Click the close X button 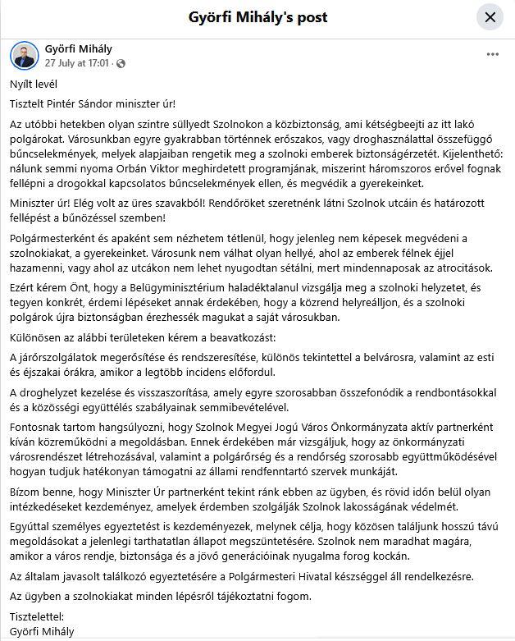pyautogui.click(x=490, y=17)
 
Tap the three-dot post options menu pyautogui.click(x=492, y=54)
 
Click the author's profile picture pyautogui.click(x=25, y=56)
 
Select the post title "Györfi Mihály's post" pyautogui.click(x=257, y=17)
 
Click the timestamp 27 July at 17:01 pyautogui.click(x=77, y=63)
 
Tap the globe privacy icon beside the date pyautogui.click(x=121, y=63)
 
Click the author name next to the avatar pyautogui.click(x=79, y=49)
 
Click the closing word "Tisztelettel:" pyautogui.click(x=36, y=616)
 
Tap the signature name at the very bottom pyautogui.click(x=42, y=631)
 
